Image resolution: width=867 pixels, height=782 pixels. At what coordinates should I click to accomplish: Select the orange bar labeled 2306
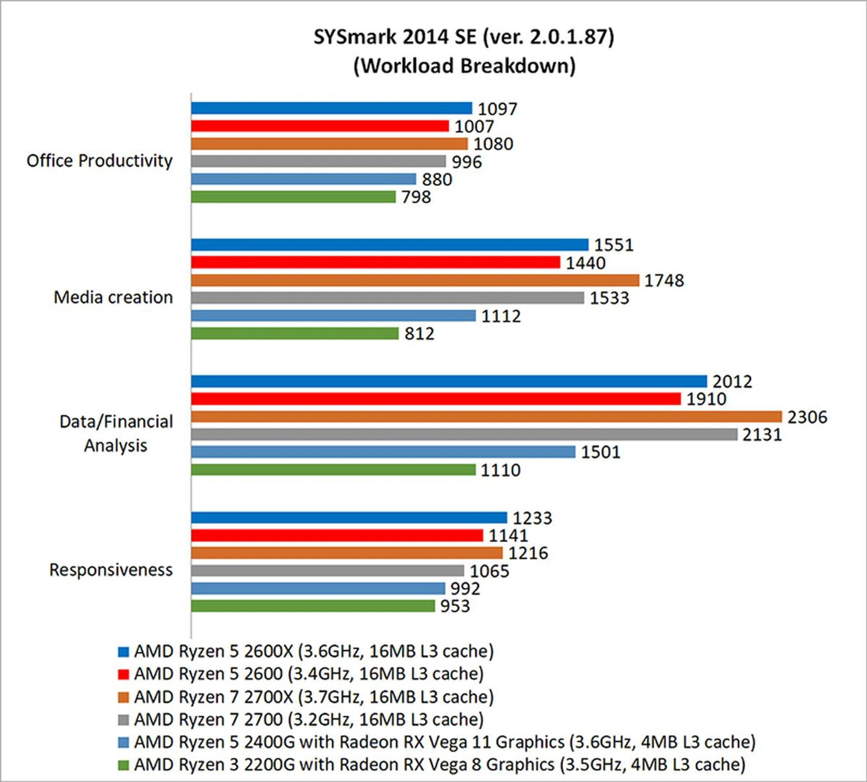click(x=486, y=416)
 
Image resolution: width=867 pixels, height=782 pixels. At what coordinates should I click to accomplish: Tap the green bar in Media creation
click(x=294, y=333)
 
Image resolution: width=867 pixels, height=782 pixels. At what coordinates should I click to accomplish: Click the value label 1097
click(x=497, y=109)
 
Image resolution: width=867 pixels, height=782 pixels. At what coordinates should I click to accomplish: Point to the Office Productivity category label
click(x=99, y=161)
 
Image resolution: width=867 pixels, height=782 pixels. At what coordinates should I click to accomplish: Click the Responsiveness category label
click(x=111, y=570)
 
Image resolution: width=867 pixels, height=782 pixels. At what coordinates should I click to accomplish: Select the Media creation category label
click(x=113, y=297)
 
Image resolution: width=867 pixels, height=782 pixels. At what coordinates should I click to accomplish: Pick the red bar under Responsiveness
click(x=337, y=535)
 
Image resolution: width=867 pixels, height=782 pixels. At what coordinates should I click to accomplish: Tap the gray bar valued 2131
click(x=464, y=435)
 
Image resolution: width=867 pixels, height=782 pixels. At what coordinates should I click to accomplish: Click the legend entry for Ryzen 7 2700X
click(x=314, y=697)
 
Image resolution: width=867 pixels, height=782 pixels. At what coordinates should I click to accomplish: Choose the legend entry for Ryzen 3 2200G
click(x=439, y=764)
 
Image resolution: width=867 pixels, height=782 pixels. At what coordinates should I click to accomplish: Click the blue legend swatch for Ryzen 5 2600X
click(x=123, y=652)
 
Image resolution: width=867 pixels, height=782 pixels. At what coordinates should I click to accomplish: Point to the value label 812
click(x=419, y=333)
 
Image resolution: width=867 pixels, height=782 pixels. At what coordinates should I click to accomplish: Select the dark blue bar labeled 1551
click(x=389, y=245)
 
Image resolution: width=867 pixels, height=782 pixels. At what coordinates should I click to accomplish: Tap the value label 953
click(x=455, y=606)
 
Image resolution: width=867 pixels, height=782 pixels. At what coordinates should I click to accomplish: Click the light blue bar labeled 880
click(x=303, y=179)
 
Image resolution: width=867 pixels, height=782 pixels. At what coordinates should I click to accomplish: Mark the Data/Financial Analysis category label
click(x=116, y=433)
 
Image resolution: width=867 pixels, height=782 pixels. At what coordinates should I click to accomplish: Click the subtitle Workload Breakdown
click(x=464, y=66)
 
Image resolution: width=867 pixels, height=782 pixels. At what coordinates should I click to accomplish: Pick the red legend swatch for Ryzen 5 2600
click(x=123, y=674)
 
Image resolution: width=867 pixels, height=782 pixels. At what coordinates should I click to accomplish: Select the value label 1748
click(x=664, y=280)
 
